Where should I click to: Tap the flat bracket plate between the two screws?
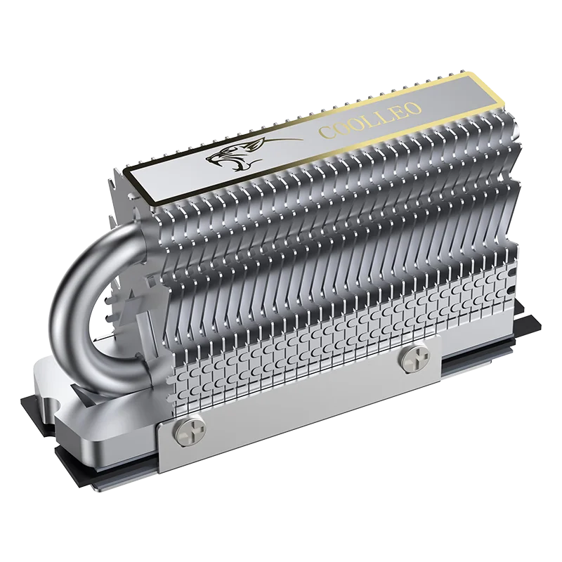(x=302, y=400)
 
